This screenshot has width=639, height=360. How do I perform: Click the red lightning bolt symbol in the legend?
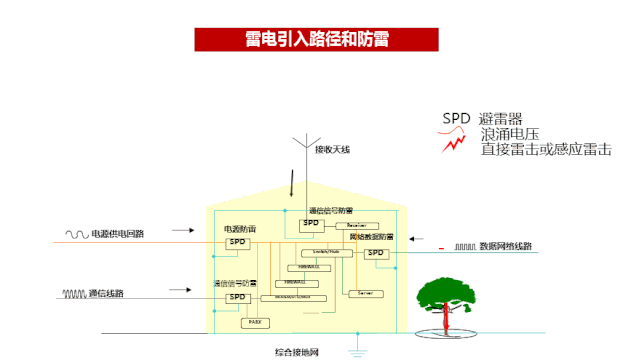(x=456, y=143)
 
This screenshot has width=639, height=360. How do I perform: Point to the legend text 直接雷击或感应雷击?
(x=546, y=149)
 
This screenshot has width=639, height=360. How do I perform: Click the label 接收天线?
(x=333, y=150)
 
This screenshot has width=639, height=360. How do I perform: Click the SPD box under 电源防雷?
(x=237, y=242)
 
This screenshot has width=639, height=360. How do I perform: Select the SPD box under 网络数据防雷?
(x=375, y=253)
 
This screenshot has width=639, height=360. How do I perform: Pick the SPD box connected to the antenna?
(x=311, y=224)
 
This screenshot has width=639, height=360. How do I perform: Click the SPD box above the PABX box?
(x=237, y=297)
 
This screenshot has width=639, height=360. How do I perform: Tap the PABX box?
(x=253, y=322)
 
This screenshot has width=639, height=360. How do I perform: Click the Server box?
(x=361, y=293)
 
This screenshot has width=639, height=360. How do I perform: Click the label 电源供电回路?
(x=118, y=234)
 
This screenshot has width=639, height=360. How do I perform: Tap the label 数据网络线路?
(x=506, y=245)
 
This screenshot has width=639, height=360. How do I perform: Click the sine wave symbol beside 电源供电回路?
(x=77, y=234)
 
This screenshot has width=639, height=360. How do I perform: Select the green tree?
(x=445, y=293)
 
